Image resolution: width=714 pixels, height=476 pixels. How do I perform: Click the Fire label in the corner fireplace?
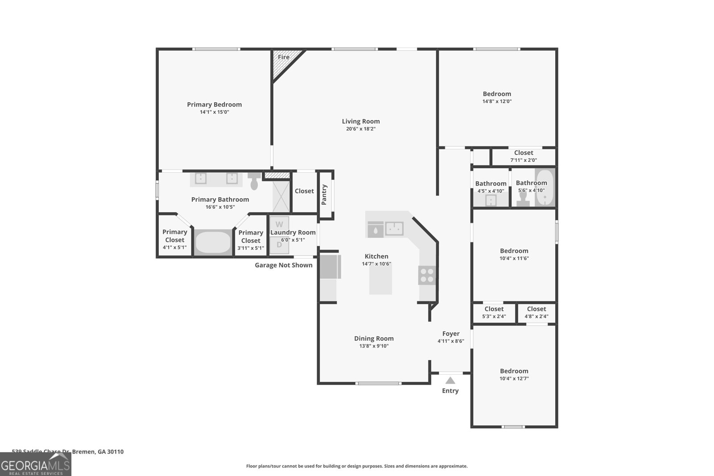pos(283,57)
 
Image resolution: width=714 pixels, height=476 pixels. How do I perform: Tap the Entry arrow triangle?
pos(450,381)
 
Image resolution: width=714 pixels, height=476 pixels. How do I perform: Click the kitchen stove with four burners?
pos(427,275)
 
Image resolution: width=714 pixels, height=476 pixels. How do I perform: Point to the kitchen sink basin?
pos(394,229)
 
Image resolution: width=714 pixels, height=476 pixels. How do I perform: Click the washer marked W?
pos(279,224)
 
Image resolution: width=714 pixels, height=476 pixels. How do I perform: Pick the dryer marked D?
pos(279,244)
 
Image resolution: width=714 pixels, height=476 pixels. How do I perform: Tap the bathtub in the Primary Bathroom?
pos(213,242)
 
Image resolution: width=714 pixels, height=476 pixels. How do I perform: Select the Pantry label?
pos(324,195)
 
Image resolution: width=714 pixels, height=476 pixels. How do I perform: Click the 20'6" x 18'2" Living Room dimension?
pos(361,129)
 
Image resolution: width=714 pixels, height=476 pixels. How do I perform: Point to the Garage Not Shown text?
pos(283,265)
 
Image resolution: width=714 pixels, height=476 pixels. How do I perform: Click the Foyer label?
pos(451,334)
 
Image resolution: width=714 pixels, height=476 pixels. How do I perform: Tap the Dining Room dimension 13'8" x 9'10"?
pos(374,346)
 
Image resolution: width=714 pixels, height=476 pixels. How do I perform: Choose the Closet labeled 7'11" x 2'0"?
pos(523,156)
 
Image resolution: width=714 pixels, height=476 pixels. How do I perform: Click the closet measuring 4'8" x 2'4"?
pos(536,312)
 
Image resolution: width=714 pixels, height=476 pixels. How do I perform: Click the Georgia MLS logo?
pos(35,464)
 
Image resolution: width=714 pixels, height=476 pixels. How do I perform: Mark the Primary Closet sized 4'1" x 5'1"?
pos(174,239)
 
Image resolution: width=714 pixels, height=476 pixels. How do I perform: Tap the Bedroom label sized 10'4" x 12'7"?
pos(514,371)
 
